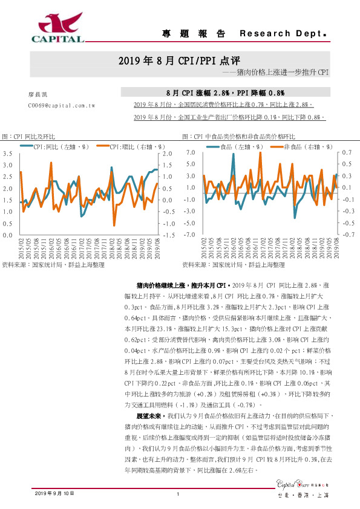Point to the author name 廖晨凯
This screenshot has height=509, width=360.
[x=38, y=95]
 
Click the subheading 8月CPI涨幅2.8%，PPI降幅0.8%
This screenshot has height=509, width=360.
[x=225, y=93]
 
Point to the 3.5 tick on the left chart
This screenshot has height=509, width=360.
[x=8, y=154]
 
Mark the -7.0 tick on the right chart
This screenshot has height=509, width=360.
[x=188, y=235]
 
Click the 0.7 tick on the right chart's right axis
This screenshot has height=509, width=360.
[x=345, y=154]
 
